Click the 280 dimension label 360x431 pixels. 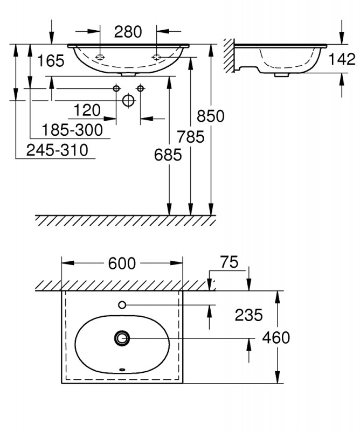[x=128, y=32]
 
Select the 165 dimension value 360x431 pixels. [x=51, y=61]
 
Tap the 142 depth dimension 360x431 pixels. [x=342, y=59]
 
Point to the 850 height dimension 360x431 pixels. [x=210, y=116]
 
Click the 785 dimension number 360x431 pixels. [x=191, y=137]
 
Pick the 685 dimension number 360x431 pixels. [x=168, y=155]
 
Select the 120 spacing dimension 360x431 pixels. [x=87, y=110]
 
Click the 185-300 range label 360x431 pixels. [x=72, y=130]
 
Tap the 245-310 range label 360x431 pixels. [x=57, y=150]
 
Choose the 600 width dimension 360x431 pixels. [x=122, y=263]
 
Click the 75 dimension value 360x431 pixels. [x=229, y=262]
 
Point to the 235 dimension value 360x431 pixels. [x=248, y=315]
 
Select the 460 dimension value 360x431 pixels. [x=276, y=338]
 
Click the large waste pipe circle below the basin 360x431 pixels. [x=128, y=100]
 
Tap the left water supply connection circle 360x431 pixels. [x=116, y=88]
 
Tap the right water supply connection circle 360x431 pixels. [x=141, y=88]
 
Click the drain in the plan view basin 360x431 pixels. [x=122, y=338]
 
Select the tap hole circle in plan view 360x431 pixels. [x=122, y=305]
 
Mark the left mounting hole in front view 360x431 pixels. [x=100, y=57]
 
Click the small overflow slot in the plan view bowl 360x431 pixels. [x=122, y=370]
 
